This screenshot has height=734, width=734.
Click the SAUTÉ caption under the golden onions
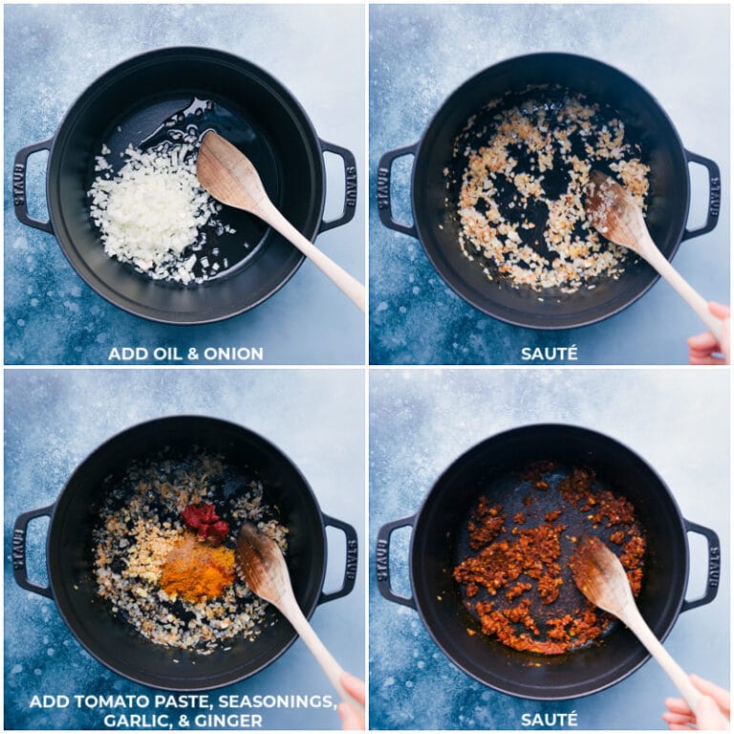[x=549, y=354]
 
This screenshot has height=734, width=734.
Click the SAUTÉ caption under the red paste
[x=549, y=719]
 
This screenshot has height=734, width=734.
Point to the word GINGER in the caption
[x=234, y=720]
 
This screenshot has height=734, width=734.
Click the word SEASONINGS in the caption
[x=282, y=702]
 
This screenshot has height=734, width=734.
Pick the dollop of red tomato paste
[x=205, y=520]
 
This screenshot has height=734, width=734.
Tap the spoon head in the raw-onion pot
[x=229, y=172]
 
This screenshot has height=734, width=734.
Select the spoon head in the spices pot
[x=262, y=564]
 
